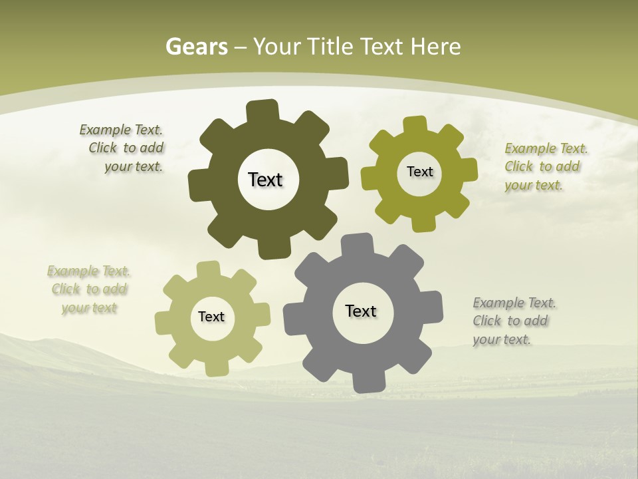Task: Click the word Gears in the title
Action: [x=196, y=47]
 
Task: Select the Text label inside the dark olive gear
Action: [x=265, y=180]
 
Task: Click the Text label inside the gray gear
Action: [x=361, y=311]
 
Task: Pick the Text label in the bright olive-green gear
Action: [x=419, y=172]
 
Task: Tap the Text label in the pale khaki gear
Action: [x=211, y=317]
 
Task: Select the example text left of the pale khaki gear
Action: [x=89, y=289]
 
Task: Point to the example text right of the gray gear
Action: [x=513, y=321]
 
